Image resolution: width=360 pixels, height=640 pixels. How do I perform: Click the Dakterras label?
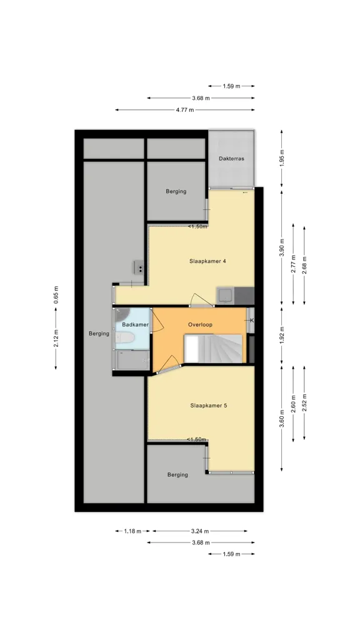231,158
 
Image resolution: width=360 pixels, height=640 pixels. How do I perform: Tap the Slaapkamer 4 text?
207,261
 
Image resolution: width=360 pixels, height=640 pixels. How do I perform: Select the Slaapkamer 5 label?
208,406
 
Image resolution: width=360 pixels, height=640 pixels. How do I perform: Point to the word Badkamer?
135,324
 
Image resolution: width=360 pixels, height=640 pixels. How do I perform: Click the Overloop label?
200,324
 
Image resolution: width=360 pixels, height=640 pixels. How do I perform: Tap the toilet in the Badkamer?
124,338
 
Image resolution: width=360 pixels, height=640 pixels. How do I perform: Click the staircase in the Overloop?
213,349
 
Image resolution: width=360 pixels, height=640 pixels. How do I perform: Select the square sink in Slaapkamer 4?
225,295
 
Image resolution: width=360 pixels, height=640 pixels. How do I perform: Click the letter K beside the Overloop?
251,321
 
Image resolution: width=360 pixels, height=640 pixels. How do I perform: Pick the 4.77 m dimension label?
185,110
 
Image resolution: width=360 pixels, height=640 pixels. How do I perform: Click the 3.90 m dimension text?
282,247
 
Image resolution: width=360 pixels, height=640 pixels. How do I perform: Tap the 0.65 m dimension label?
56,295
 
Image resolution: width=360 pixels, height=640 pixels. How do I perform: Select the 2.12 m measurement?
56,338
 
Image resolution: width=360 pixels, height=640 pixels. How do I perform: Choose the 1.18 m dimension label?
132,531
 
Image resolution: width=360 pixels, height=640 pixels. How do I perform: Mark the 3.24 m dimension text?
200,531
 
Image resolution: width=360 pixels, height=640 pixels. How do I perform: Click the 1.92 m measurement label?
282,335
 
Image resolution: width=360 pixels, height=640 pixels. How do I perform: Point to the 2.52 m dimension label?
304,402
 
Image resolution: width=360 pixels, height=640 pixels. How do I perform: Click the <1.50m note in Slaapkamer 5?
196,439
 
